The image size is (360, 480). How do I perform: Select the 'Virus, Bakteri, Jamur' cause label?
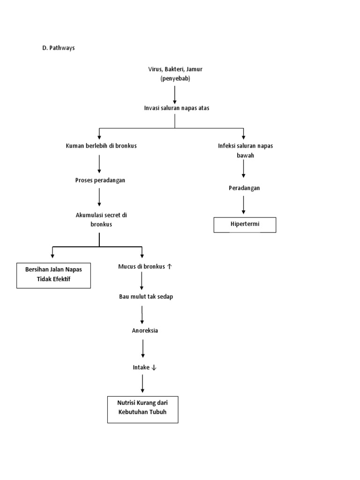175,69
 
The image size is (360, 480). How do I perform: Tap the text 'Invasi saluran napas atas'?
176,108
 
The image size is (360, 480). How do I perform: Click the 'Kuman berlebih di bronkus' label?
101,146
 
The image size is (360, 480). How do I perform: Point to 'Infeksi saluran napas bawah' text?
245,150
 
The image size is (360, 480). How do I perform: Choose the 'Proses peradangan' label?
100,180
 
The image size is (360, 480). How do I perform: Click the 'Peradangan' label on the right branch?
244,188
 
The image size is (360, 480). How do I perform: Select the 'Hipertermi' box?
245,225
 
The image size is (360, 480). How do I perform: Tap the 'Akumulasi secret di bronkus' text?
101,220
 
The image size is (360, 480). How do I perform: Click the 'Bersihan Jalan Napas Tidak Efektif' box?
53,275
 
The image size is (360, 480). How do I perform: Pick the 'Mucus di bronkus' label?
145,267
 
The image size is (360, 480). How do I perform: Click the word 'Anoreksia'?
145,330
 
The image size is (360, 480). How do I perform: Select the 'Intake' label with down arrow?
144,367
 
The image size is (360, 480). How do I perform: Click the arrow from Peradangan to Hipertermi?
244,205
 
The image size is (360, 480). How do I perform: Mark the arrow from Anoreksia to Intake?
143,349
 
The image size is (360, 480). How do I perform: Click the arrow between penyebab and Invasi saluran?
175,94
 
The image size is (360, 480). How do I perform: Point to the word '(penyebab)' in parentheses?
175,78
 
